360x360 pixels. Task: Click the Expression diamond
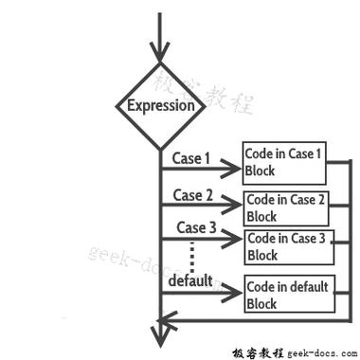coord(160,104)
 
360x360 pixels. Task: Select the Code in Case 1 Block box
coord(284,162)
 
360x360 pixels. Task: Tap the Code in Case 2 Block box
coord(285,208)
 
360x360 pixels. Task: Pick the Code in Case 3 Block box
coord(285,246)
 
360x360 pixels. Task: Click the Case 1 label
coord(191,159)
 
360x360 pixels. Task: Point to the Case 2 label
coord(192,196)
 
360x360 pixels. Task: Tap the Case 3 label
coord(196,227)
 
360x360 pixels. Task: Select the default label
coord(190,281)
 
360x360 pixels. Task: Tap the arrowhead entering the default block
coord(234,293)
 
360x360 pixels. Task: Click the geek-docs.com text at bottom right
coord(320,350)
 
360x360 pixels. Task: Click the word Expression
coord(160,105)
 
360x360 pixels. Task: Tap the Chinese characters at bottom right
coord(256,350)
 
